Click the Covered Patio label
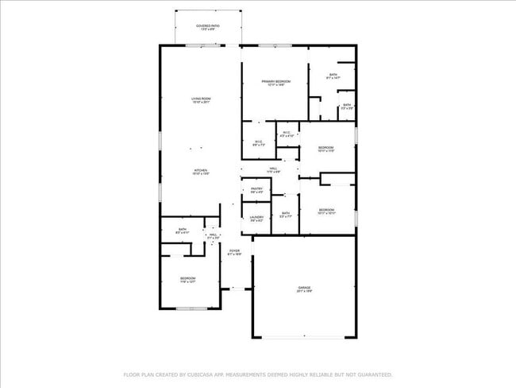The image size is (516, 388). [208, 27]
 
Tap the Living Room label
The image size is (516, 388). [201, 100]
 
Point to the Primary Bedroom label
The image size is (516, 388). [276, 82]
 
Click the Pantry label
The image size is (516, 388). [256, 190]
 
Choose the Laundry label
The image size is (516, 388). [256, 218]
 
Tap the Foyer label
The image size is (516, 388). [234, 253]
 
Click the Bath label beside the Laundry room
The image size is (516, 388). [286, 214]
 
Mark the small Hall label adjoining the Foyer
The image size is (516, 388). [213, 236]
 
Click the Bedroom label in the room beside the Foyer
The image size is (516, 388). [187, 280]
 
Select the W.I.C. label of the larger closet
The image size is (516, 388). [257, 144]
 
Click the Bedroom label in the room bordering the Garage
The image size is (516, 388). [326, 211]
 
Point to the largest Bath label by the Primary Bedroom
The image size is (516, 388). [333, 76]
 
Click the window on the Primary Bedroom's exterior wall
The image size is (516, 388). [275, 45]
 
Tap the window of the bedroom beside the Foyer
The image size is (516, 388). [191, 308]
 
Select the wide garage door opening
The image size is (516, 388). [304, 338]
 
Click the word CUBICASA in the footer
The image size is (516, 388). [202, 374]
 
